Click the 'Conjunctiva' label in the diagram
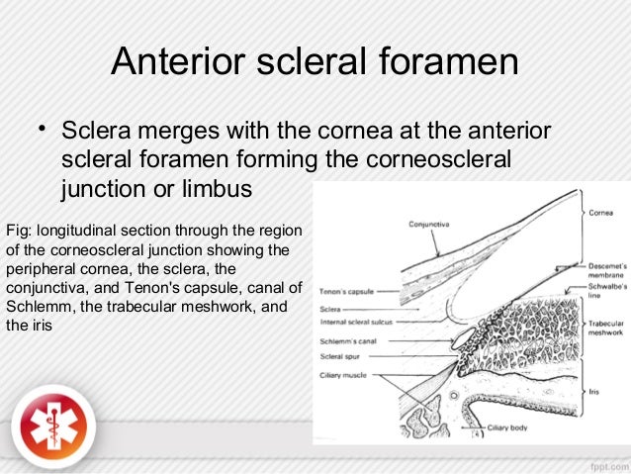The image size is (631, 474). (x=431, y=225)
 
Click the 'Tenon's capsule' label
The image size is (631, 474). (x=344, y=293)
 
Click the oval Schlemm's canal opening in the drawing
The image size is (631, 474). (x=462, y=340)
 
